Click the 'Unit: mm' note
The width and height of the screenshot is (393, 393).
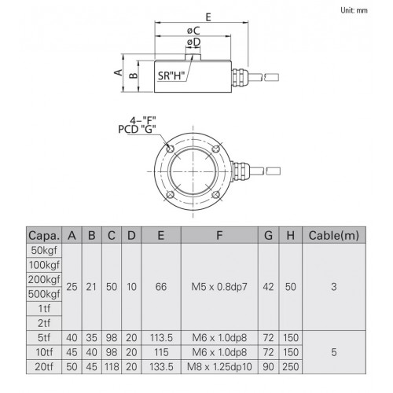point(354,10)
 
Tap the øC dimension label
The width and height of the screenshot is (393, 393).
point(193,31)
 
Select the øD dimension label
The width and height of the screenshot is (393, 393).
point(194,42)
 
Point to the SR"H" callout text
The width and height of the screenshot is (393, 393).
point(171,75)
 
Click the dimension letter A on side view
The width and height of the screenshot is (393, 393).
point(119,72)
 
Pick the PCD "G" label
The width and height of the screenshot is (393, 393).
point(137,130)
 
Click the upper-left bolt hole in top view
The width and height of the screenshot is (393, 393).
point(171,149)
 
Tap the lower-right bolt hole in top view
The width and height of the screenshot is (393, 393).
point(216,195)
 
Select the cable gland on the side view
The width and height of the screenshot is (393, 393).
point(239,77)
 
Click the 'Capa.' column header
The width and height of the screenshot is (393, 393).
point(44,235)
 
